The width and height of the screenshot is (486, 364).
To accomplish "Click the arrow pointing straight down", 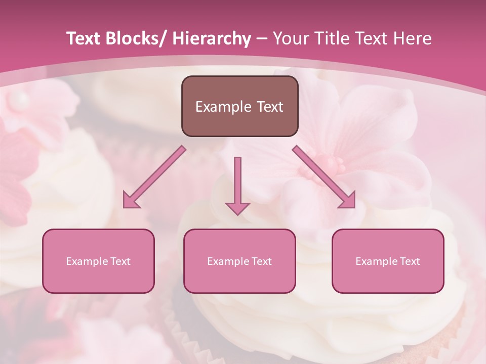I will point(237,187).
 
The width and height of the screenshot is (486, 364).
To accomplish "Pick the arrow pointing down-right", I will point(324,177).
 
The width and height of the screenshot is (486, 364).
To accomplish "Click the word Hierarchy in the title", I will point(211,39).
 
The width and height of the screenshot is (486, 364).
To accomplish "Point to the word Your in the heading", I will point(290,39).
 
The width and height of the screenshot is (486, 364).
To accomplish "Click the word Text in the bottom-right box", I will point(409,261).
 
